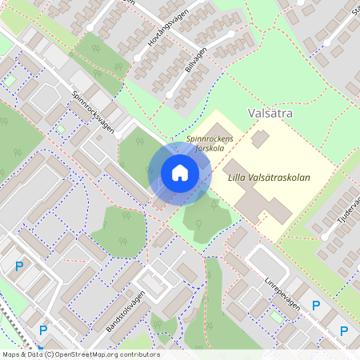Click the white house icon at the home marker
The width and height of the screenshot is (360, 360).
pyautogui.click(x=180, y=173)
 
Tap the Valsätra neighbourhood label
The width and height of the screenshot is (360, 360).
pyautogui.click(x=270, y=114)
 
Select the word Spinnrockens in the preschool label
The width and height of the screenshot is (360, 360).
pyautogui.click(x=210, y=138)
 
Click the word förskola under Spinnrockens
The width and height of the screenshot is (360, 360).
pyautogui.click(x=210, y=148)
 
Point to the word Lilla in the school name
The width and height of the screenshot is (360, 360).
pyautogui.click(x=238, y=178)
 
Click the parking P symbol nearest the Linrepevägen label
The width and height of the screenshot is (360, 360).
pyautogui.click(x=316, y=305)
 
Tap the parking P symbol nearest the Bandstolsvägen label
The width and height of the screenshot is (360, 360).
pyautogui.click(x=43, y=330)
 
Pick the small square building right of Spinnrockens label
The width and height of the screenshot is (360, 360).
pyautogui.click(x=259, y=138)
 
